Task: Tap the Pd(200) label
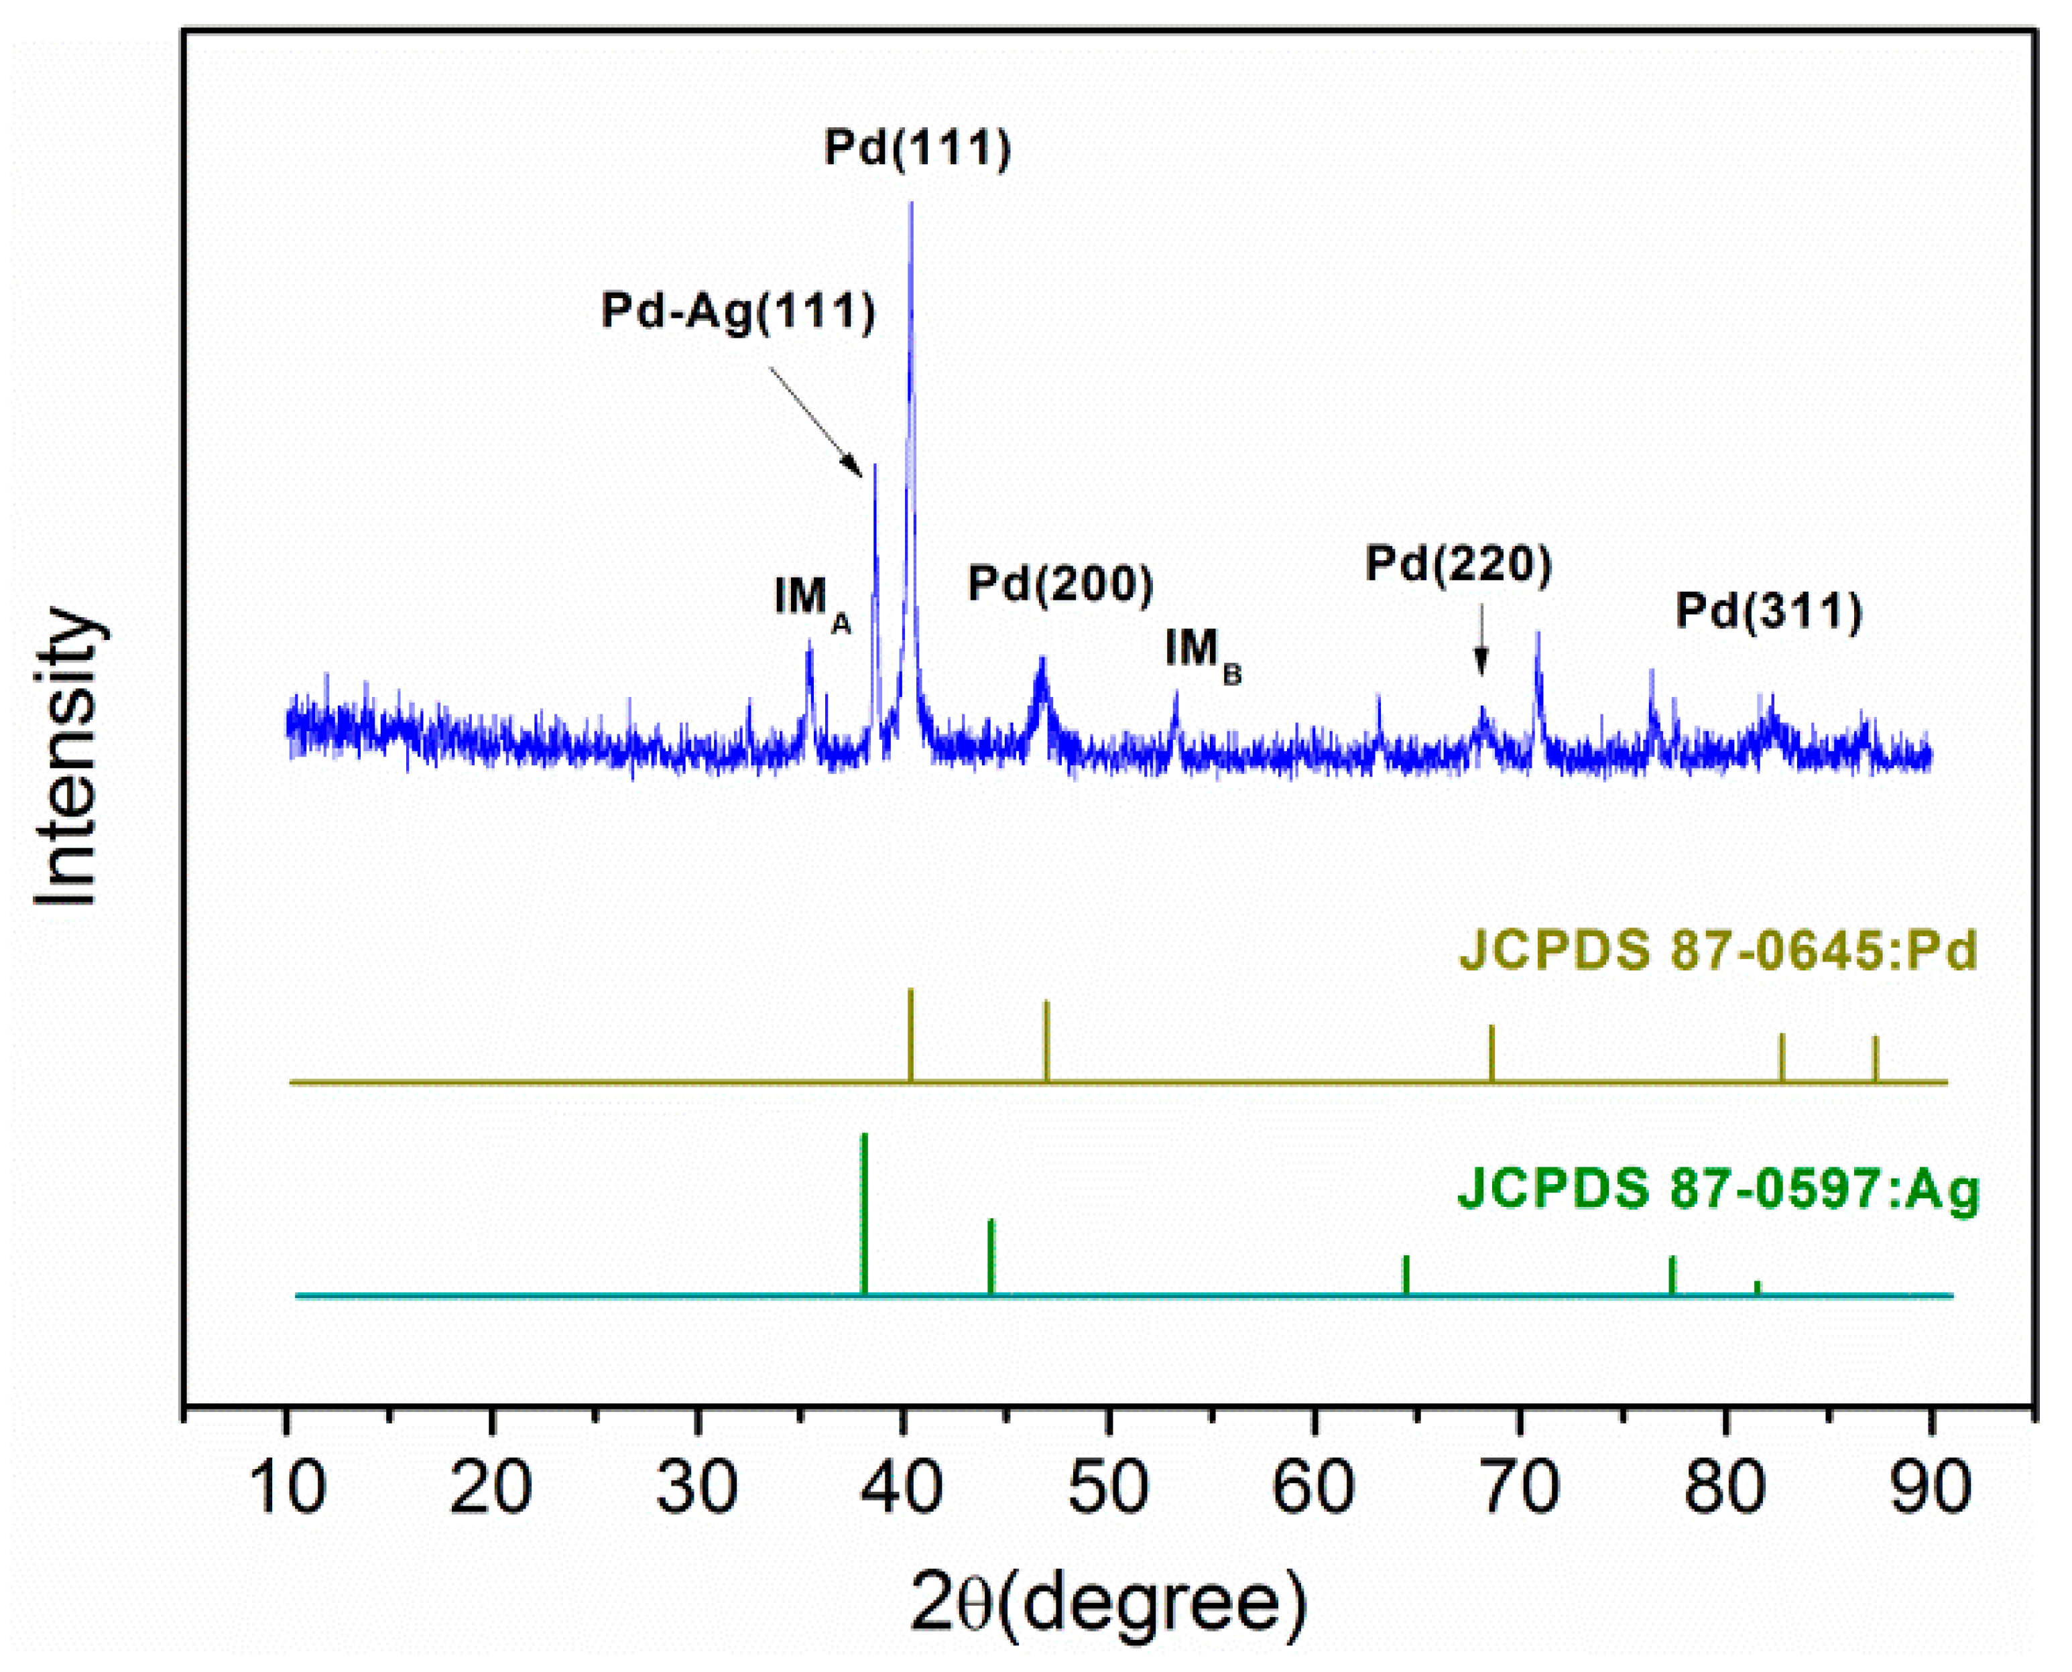[1060, 584]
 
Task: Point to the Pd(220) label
[1459, 564]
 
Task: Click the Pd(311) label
[1768, 610]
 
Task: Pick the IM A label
[812, 601]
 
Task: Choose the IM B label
[1202, 652]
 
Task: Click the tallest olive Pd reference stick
[910, 1036]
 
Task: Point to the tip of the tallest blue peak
[911, 204]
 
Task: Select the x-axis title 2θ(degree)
[1108, 1604]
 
